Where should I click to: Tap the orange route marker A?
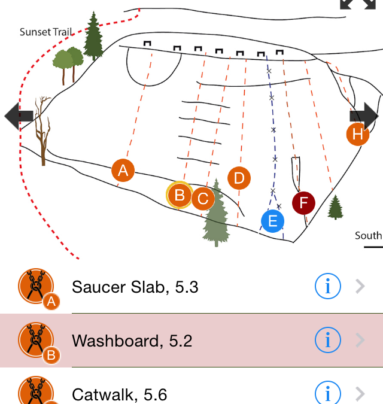pyautogui.click(x=123, y=171)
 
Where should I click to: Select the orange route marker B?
pyautogui.click(x=179, y=195)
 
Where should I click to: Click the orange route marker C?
pyautogui.click(x=203, y=198)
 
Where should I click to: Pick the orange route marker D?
pyautogui.click(x=239, y=178)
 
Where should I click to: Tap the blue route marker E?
pyautogui.click(x=272, y=221)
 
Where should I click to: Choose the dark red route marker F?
pyautogui.click(x=303, y=203)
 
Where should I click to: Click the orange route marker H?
pyautogui.click(x=358, y=134)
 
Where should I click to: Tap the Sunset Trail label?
pyautogui.click(x=45, y=32)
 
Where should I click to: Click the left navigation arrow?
pyautogui.click(x=18, y=116)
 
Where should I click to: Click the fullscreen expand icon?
pyautogui.click(x=353, y=5)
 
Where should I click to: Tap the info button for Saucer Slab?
pyautogui.click(x=327, y=287)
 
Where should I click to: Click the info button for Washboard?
pyautogui.click(x=327, y=341)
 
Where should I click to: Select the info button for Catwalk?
pyautogui.click(x=327, y=393)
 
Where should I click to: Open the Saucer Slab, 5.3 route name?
pyautogui.click(x=135, y=287)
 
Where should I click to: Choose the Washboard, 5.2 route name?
pyautogui.click(x=132, y=341)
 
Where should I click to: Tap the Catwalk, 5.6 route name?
pyautogui.click(x=119, y=394)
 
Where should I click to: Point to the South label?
pyautogui.click(x=368, y=236)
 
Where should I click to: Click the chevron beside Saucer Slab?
pyautogui.click(x=360, y=287)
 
